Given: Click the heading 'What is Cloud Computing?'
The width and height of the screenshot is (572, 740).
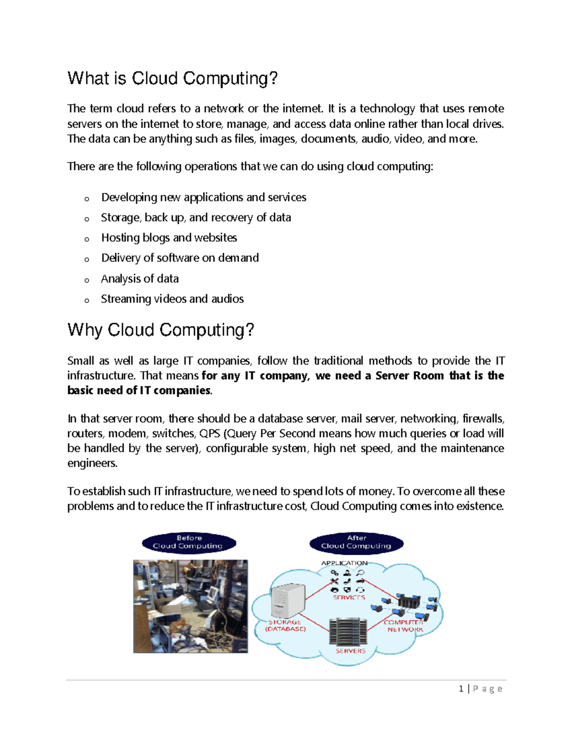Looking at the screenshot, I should pos(172,79).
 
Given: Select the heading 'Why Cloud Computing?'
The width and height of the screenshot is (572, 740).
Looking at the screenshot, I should pos(161,330).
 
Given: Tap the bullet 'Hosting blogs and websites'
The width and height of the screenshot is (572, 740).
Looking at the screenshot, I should pos(169,238).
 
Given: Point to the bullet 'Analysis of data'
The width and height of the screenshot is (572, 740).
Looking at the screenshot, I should pos(140,279).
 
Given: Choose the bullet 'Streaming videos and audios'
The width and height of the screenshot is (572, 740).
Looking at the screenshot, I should pos(172,299).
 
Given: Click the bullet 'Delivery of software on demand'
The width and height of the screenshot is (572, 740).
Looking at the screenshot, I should pos(180,258).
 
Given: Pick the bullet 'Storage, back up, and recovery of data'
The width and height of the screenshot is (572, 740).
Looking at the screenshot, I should pos(196,218).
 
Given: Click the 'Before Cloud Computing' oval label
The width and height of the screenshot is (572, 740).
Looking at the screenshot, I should pos(189,542).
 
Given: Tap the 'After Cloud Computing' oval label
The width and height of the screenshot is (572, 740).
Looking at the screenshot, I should pos(356,542).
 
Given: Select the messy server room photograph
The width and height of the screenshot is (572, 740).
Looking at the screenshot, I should pos(190,606).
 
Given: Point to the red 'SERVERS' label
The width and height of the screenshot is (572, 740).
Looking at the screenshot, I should pos(350,651).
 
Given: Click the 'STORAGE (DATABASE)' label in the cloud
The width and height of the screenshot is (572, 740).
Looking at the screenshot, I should pos(285,626).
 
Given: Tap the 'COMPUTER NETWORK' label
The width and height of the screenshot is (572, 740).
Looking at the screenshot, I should pos(404,626).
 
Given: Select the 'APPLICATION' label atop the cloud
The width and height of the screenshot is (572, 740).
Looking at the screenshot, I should pos(344,563).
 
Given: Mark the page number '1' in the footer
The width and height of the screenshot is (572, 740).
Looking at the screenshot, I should pos(461,689).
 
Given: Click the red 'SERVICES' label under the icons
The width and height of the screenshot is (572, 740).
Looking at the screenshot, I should pos(348,597).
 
